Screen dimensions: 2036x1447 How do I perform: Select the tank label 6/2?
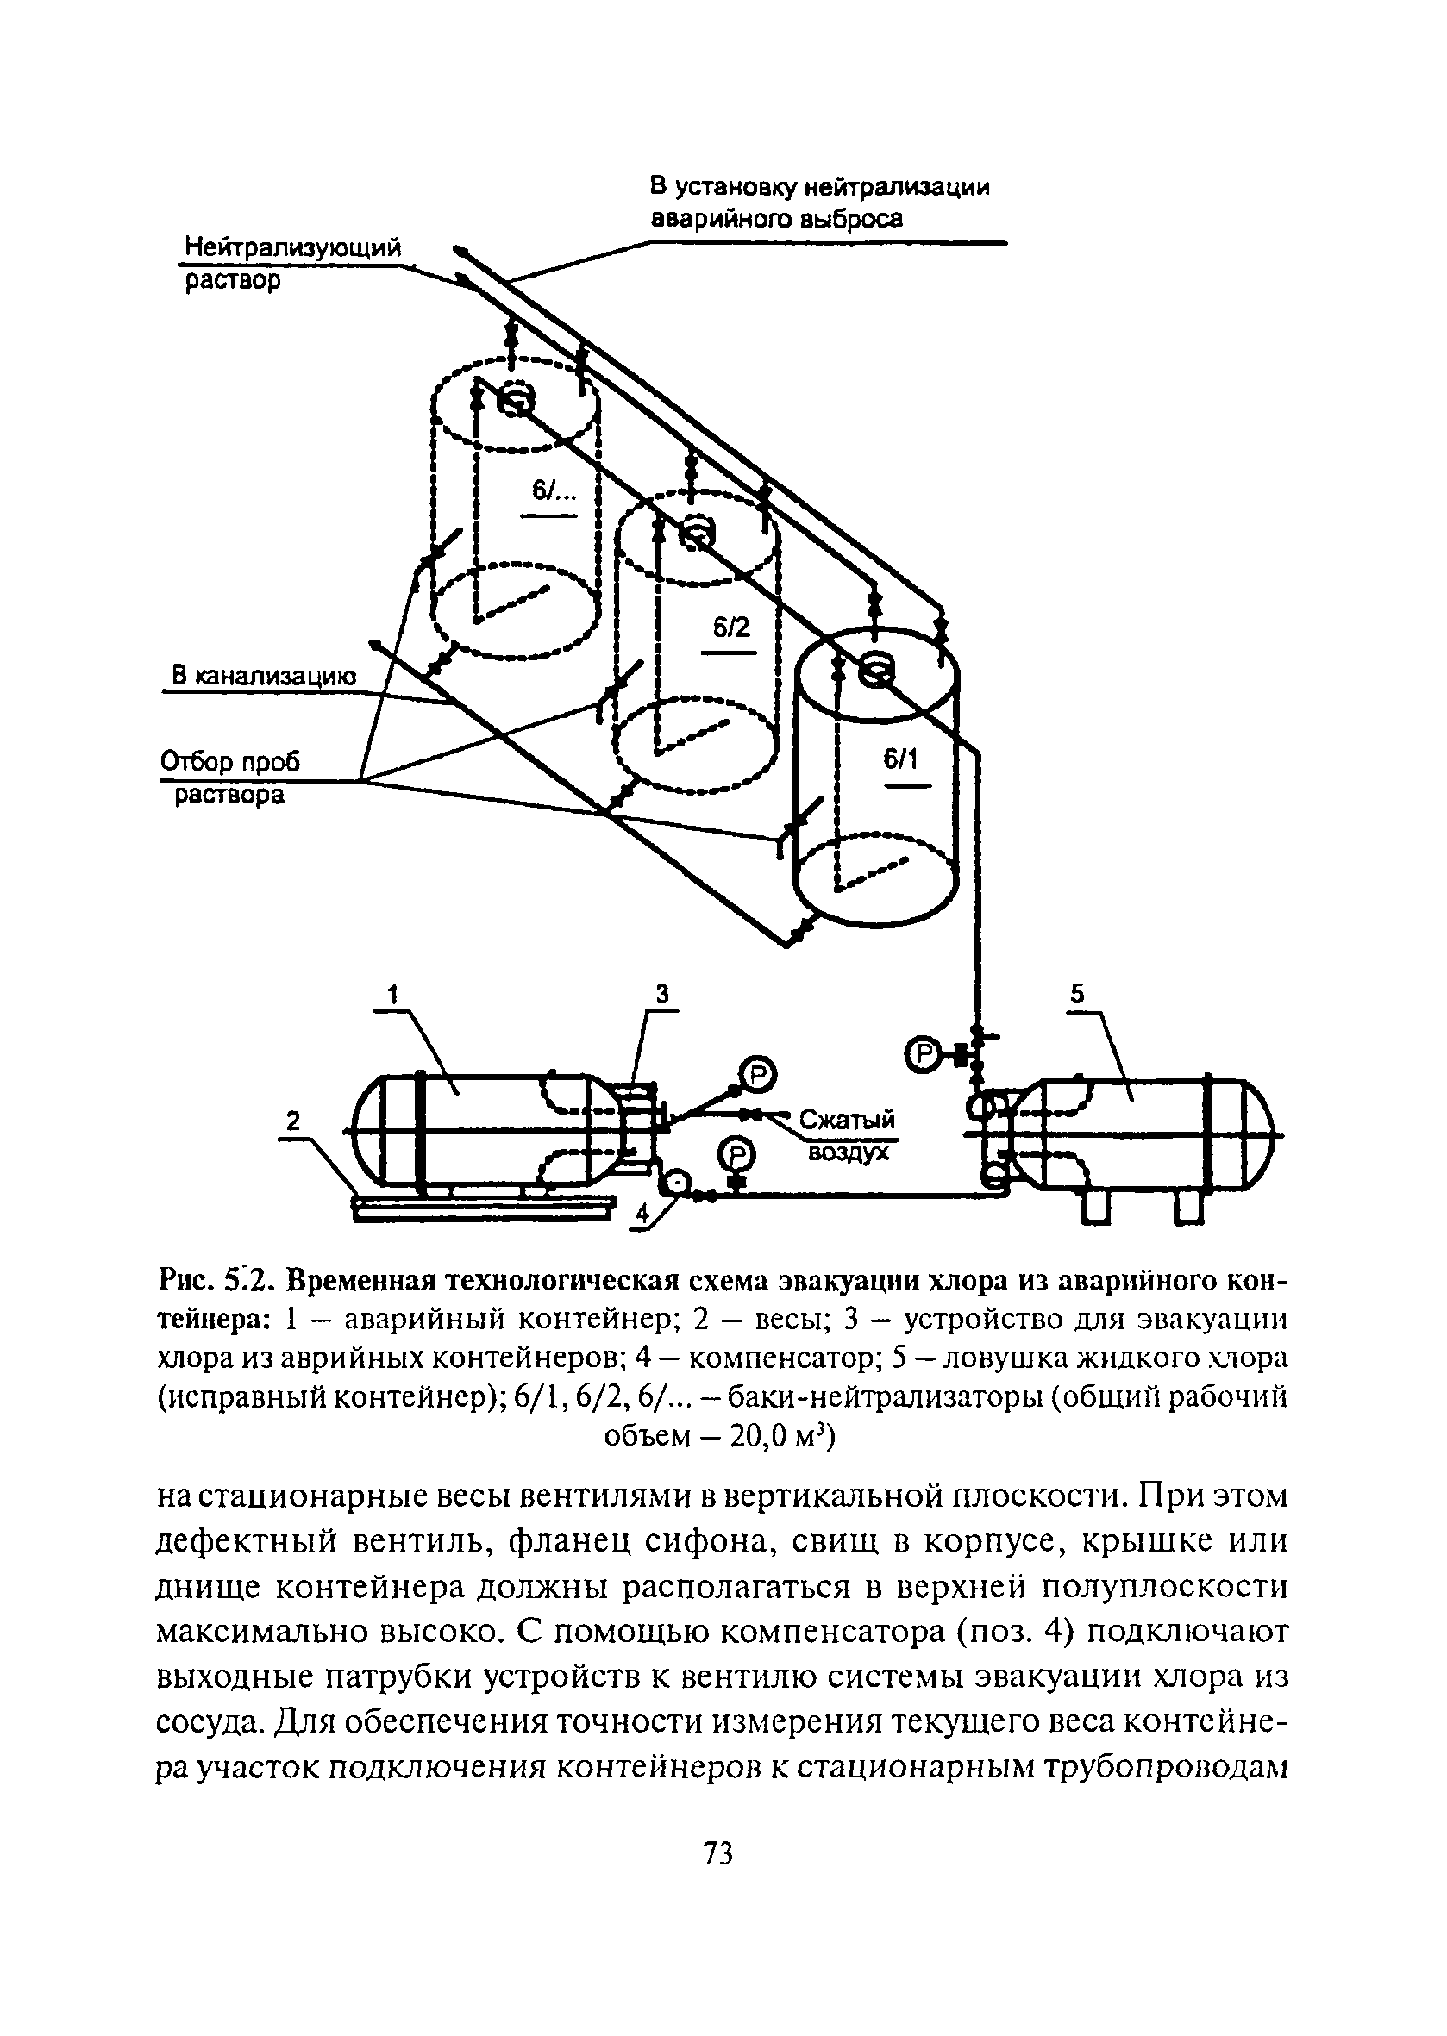730,628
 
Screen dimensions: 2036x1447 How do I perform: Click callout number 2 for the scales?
293,1121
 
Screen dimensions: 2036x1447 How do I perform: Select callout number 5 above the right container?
1078,994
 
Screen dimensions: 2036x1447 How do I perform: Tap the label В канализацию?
264,676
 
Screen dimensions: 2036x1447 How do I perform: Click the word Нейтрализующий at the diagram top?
293,247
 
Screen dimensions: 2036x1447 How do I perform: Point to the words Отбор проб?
231,761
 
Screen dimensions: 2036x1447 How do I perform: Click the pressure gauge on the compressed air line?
757,1074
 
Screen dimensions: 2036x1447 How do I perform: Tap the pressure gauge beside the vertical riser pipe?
923,1054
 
